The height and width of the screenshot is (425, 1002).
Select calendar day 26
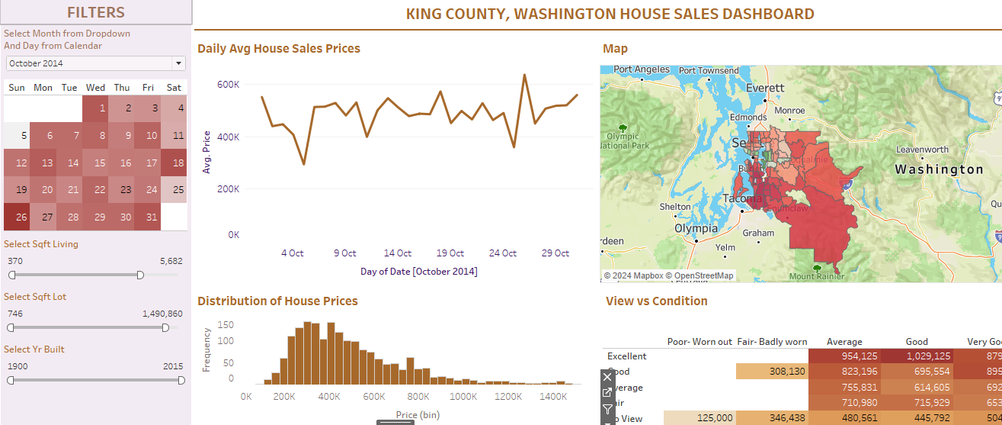(x=17, y=217)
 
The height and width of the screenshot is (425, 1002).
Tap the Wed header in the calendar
(x=95, y=88)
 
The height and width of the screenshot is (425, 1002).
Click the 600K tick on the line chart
(x=228, y=85)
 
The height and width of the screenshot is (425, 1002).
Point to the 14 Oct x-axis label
(x=397, y=253)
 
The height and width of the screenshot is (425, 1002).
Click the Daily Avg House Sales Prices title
(x=278, y=49)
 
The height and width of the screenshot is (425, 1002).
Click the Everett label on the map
(x=764, y=88)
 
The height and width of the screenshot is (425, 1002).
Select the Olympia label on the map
(x=696, y=228)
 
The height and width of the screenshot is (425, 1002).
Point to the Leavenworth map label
(x=922, y=150)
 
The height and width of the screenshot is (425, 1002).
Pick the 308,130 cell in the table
(x=773, y=372)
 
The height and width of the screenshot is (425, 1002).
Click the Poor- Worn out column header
(x=699, y=342)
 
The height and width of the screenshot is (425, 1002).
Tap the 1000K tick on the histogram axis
(x=464, y=397)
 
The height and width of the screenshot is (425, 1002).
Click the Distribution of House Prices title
(x=277, y=301)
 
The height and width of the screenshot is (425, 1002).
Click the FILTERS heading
(x=96, y=12)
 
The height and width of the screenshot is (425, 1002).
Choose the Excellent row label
(x=626, y=356)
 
